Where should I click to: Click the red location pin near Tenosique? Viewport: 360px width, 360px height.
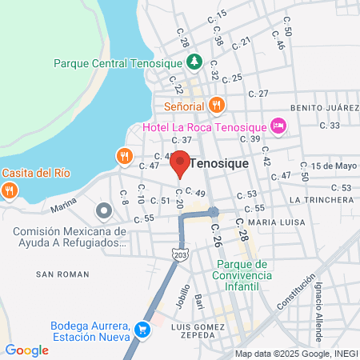click(x=180, y=163)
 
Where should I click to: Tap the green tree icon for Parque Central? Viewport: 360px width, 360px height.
click(x=193, y=62)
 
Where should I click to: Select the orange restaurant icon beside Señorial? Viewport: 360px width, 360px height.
click(x=216, y=105)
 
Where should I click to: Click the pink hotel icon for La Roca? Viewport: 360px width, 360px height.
click(x=278, y=125)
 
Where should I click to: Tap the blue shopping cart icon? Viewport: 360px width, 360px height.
click(x=142, y=329)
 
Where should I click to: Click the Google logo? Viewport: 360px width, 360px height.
click(x=26, y=350)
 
